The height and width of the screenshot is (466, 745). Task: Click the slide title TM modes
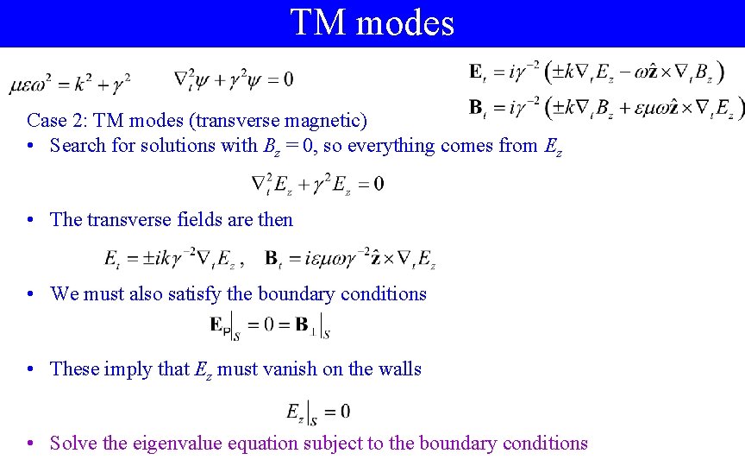(372, 22)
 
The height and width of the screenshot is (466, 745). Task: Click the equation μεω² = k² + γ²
(70, 83)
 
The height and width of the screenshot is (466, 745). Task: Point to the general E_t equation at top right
(594, 72)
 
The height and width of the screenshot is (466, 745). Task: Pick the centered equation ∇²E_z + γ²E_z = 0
(316, 184)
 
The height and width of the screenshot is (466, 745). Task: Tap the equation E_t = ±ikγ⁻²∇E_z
(173, 257)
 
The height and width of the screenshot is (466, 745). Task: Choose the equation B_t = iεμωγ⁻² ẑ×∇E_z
(349, 257)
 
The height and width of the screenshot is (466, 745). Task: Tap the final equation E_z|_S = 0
(318, 412)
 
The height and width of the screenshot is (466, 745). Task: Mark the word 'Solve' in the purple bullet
(73, 444)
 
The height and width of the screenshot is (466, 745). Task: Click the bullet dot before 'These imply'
(31, 369)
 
